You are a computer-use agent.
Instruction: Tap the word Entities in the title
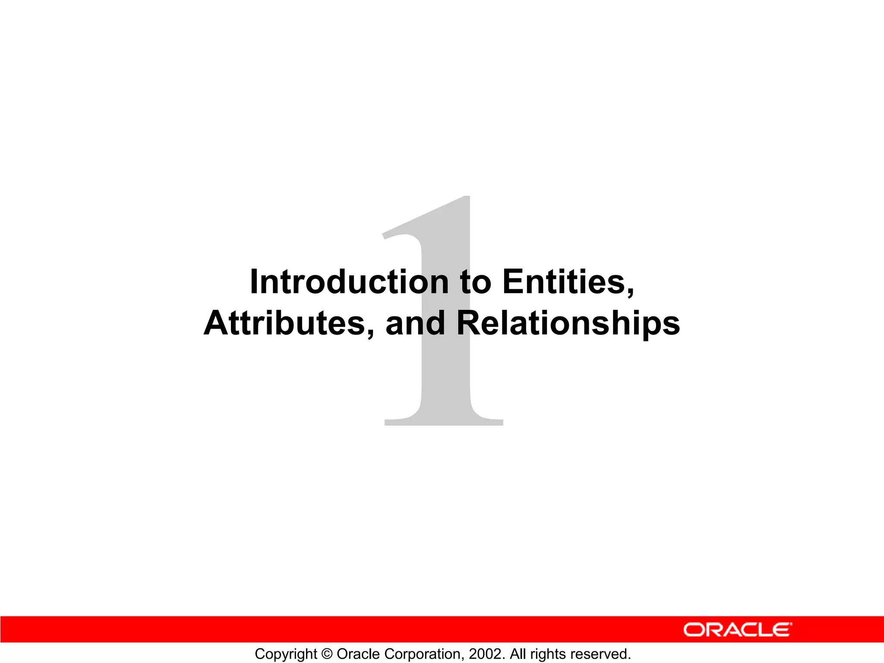[565, 282]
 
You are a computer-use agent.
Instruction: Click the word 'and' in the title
[415, 324]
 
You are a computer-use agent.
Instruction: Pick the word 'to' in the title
[476, 283]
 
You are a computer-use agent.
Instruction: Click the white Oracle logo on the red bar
[738, 630]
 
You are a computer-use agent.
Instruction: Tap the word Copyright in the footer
[286, 654]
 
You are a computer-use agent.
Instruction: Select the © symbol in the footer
[327, 654]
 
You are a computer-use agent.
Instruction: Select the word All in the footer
[518, 654]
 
